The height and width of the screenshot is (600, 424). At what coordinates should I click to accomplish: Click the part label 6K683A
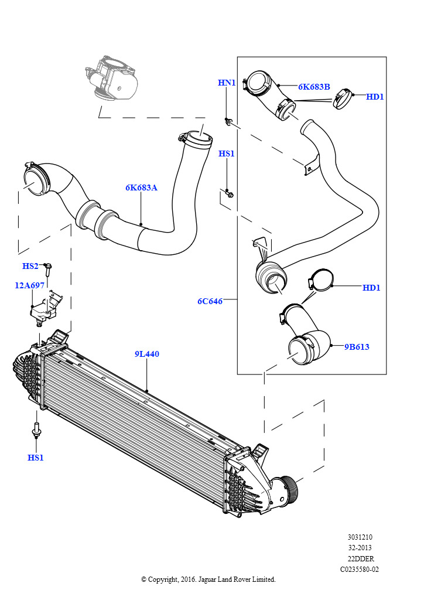click(141, 187)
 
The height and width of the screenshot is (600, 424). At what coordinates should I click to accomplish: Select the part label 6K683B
click(314, 87)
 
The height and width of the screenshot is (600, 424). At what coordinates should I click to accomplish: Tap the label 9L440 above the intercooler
click(147, 354)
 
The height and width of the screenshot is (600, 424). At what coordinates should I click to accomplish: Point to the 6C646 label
click(210, 301)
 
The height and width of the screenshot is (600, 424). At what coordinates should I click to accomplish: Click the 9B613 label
click(357, 347)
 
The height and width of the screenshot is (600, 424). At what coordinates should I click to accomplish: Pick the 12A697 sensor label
click(29, 285)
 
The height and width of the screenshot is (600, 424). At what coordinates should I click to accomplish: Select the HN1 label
click(227, 83)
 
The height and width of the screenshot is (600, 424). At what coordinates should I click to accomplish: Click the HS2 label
click(30, 266)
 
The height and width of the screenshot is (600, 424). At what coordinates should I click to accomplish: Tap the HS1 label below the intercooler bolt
click(36, 457)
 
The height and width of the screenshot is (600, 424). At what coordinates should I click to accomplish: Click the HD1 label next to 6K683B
click(375, 97)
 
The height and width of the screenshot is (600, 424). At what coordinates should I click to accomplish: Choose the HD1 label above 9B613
click(371, 288)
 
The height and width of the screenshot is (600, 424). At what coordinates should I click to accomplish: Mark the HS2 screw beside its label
click(49, 270)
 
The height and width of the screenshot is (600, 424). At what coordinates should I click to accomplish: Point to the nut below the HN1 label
click(228, 121)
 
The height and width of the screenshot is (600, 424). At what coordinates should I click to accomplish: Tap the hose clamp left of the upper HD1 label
click(343, 98)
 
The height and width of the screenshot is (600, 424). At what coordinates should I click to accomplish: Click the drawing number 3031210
click(360, 537)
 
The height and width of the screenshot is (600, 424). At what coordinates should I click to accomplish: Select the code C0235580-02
click(360, 570)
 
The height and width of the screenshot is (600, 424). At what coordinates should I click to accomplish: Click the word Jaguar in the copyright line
click(207, 579)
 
